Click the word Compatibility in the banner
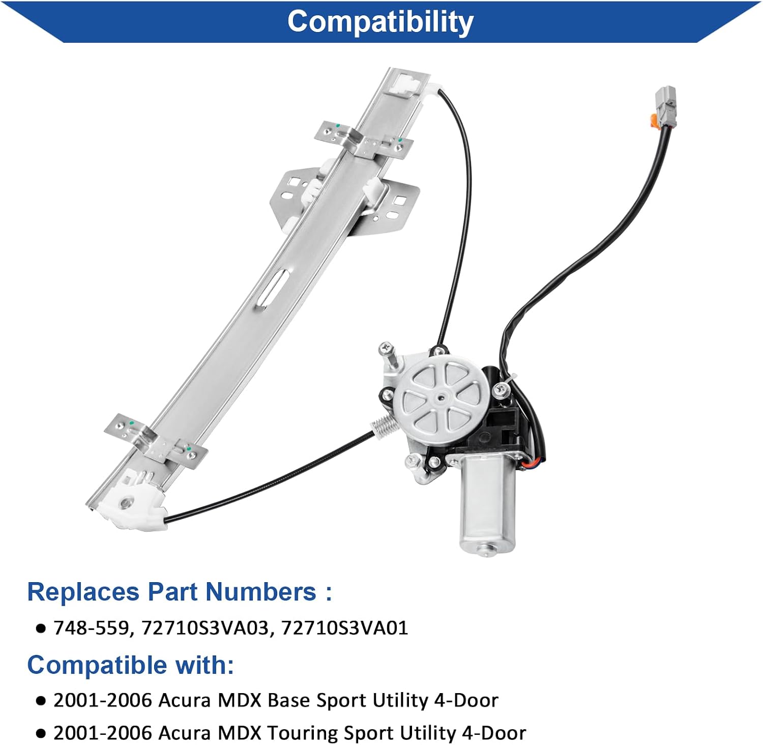(380, 22)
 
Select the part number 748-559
(91, 628)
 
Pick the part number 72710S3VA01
(344, 628)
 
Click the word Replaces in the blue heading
(83, 592)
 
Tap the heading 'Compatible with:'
(131, 665)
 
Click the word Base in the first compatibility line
(289, 701)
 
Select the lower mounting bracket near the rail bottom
(156, 441)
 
